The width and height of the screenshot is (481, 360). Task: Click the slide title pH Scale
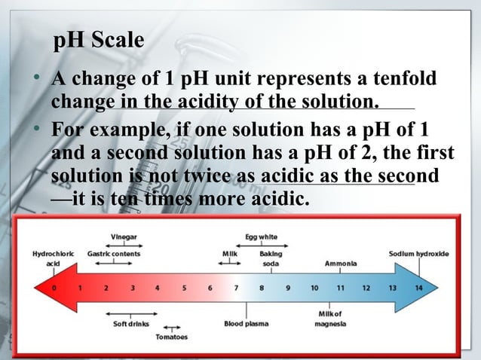(98, 41)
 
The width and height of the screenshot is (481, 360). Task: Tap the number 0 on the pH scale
(54, 287)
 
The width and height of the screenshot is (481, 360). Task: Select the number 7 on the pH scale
(235, 287)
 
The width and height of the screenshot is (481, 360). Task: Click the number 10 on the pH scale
(314, 287)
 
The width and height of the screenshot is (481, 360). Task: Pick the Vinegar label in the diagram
(123, 236)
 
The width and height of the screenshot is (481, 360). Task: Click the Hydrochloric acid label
(52, 258)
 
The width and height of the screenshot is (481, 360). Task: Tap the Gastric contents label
(114, 254)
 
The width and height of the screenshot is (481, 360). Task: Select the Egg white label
(261, 236)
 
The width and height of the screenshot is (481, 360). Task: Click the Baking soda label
(271, 258)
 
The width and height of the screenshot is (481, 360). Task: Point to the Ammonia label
(341, 264)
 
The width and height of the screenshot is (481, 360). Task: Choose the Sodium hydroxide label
(418, 254)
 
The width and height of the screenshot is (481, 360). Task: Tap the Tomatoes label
(172, 337)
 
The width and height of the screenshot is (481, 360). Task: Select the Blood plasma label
(244, 324)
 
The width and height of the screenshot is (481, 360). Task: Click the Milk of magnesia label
(330, 319)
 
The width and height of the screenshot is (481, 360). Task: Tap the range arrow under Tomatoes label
(172, 328)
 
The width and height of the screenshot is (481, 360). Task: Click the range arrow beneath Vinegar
(124, 245)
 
